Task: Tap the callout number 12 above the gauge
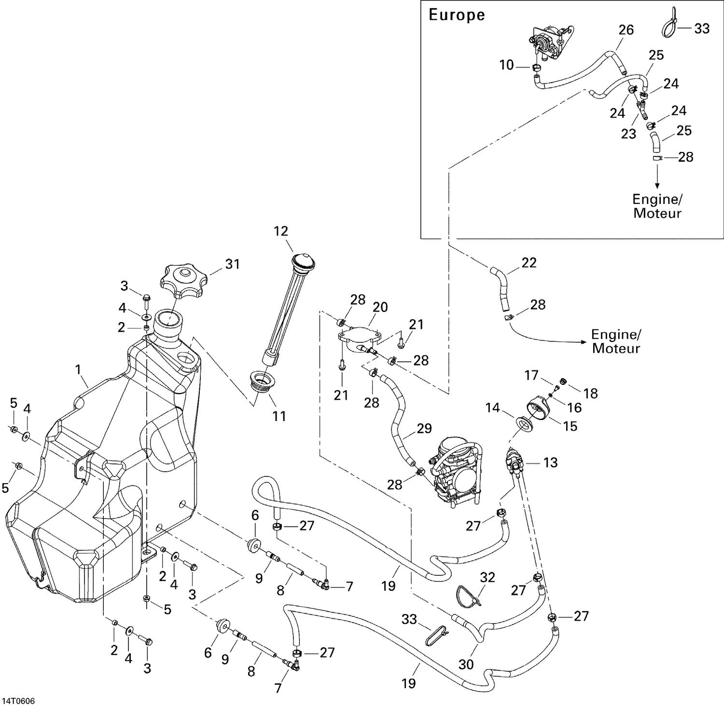click(x=280, y=231)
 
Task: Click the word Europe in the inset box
click(x=457, y=15)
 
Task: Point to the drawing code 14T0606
click(x=21, y=700)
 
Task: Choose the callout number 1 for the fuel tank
click(x=78, y=370)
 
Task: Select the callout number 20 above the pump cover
click(x=380, y=307)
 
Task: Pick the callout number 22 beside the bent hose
click(x=529, y=263)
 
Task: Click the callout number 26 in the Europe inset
click(x=626, y=30)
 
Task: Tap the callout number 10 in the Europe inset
click(x=506, y=65)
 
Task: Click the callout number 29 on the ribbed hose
click(x=424, y=428)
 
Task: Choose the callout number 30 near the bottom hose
click(x=466, y=664)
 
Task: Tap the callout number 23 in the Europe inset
click(x=628, y=134)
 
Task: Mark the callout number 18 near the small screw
click(x=590, y=393)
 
